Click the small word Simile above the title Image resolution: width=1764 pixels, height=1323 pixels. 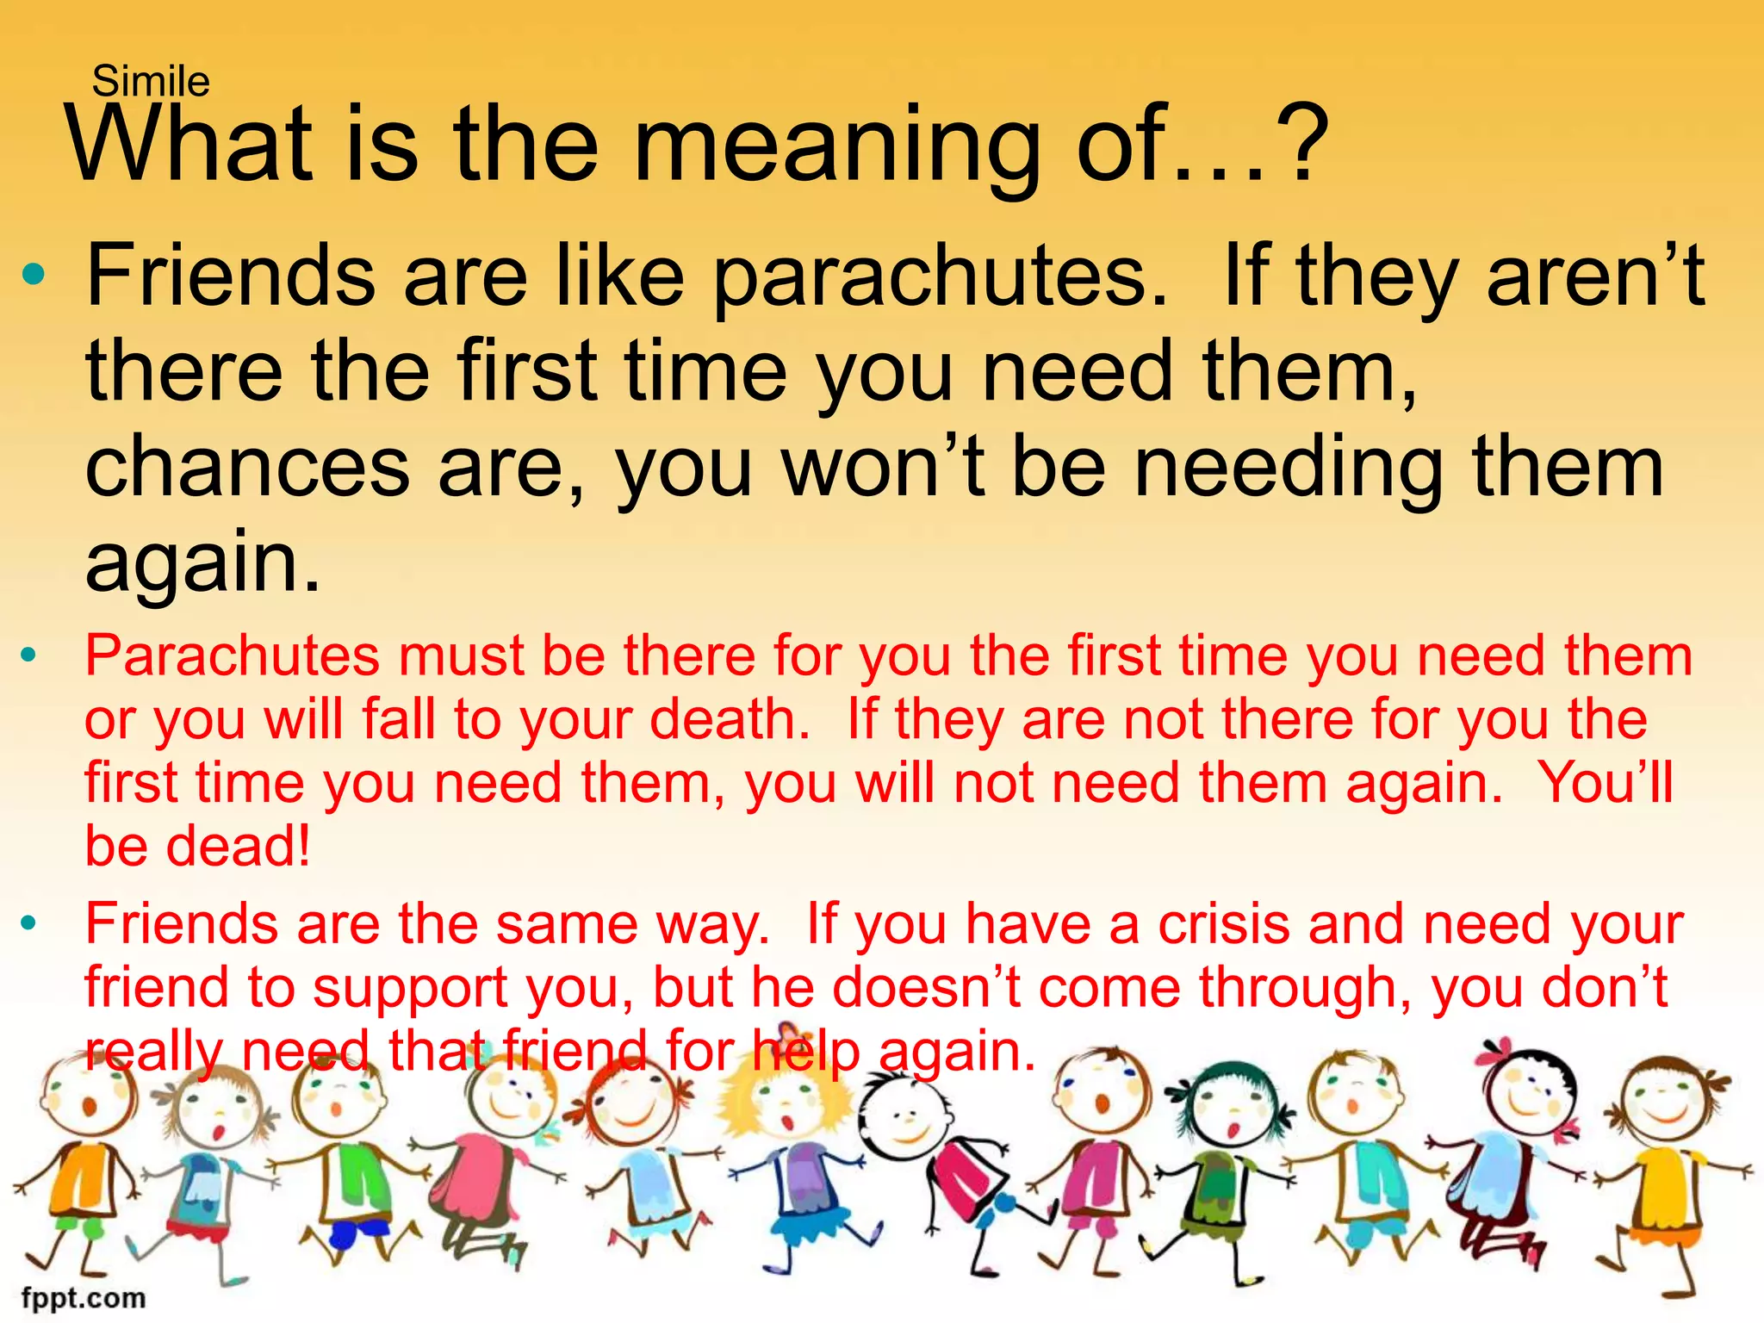151,82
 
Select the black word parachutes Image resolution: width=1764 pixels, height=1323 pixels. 940,276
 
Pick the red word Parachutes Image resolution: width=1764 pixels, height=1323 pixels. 232,656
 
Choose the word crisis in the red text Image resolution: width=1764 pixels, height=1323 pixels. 1224,924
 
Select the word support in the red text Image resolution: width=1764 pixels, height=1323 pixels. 410,988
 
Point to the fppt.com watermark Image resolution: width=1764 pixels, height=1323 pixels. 84,1297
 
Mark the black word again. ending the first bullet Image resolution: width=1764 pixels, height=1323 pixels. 203,564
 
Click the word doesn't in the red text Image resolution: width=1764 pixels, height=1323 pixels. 927,988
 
